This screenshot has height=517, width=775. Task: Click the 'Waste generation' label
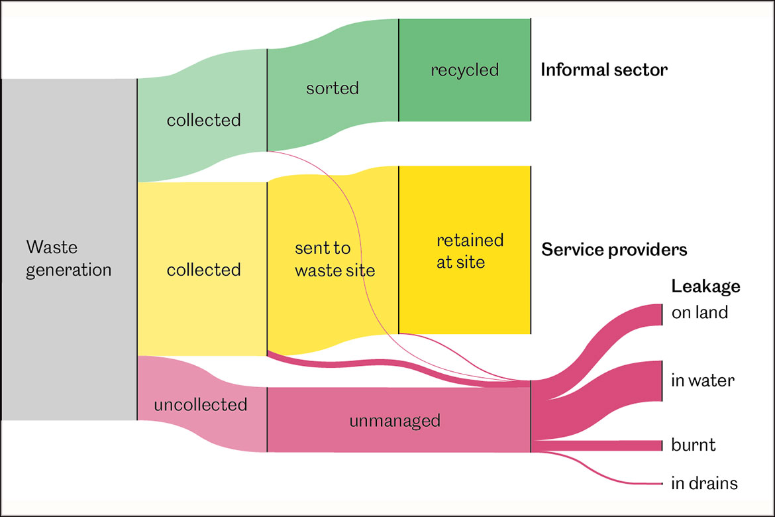69,258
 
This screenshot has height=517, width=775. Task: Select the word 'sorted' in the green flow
333,88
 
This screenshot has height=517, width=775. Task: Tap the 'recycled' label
464,70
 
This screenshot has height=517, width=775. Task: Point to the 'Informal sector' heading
604,70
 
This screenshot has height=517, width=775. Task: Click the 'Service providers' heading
614,250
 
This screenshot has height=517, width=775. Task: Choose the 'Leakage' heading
705,286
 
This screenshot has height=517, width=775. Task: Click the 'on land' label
699,312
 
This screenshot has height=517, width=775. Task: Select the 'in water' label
703,380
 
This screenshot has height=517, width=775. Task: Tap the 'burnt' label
694,444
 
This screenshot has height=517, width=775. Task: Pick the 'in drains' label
704,483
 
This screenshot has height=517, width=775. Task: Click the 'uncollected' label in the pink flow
200,404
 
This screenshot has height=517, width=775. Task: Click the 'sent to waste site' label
335,259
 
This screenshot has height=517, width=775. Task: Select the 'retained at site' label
470,251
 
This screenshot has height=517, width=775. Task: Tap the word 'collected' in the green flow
203,120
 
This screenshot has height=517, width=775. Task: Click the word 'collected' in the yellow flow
203,270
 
